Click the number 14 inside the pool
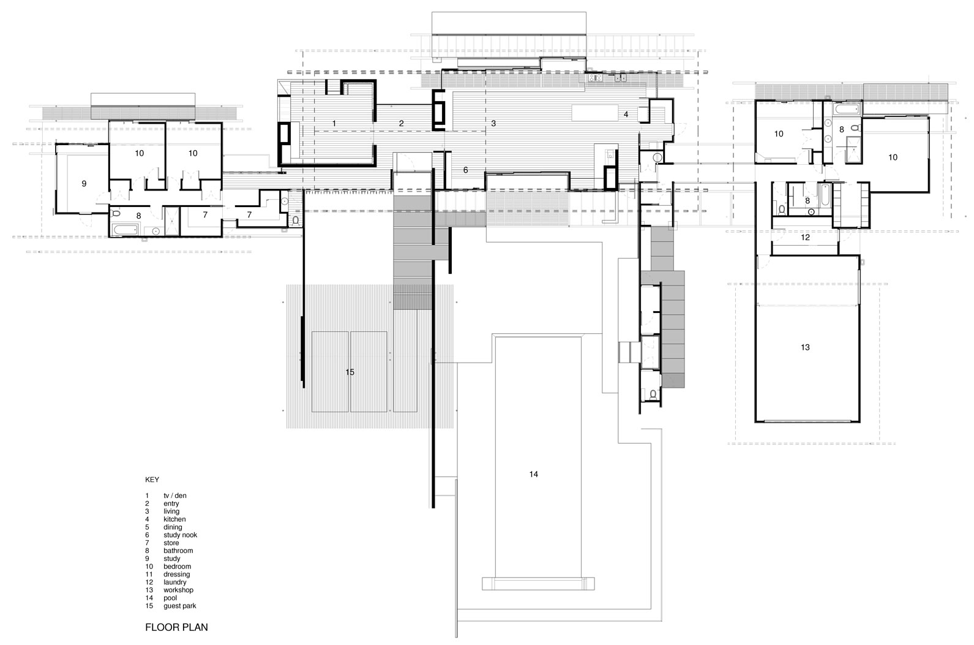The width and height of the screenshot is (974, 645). (533, 474)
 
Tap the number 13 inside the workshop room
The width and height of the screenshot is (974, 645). (805, 347)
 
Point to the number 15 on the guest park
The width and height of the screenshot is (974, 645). (350, 372)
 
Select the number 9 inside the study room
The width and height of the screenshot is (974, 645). (84, 184)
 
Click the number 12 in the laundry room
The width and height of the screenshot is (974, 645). (805, 237)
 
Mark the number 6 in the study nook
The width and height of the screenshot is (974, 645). (465, 170)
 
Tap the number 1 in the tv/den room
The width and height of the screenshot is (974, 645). (334, 124)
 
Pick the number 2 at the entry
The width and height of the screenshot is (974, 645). (402, 124)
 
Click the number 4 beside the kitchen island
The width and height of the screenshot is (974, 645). (626, 115)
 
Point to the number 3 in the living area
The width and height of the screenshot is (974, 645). (493, 124)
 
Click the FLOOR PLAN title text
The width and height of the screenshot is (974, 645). (176, 627)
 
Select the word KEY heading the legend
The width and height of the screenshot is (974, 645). (152, 480)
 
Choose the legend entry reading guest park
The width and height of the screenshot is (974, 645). (180, 606)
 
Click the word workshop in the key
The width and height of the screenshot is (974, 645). (178, 590)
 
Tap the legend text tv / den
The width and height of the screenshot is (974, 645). (175, 496)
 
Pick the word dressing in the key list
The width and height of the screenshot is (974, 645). (176, 575)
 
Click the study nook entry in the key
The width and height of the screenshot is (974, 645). (180, 535)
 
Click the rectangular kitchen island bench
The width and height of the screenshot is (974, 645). (595, 113)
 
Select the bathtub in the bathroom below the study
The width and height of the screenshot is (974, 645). (125, 229)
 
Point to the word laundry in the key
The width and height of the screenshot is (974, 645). (175, 583)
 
